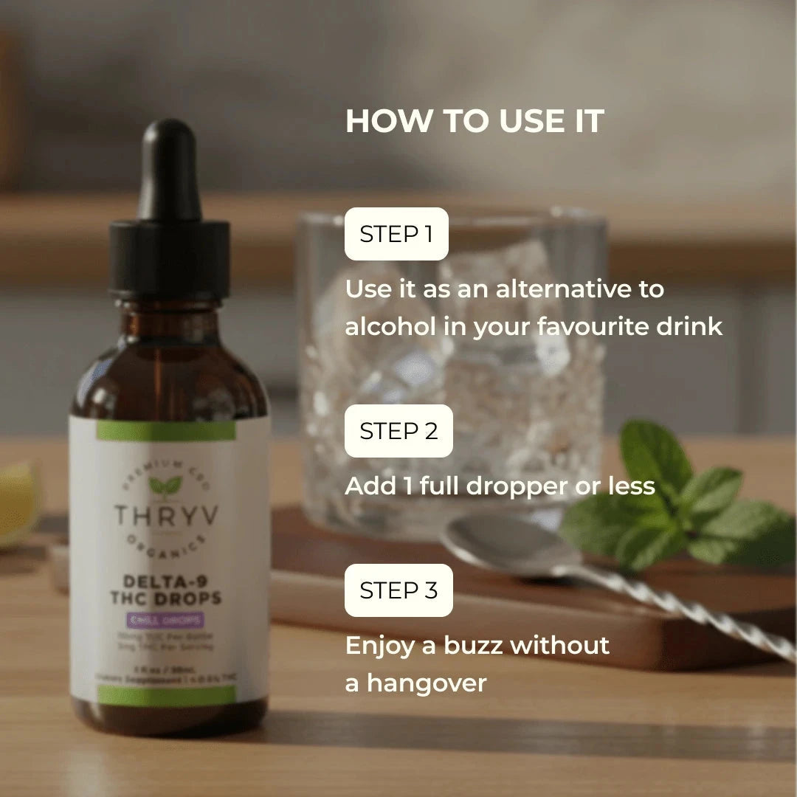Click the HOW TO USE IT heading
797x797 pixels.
coord(475,122)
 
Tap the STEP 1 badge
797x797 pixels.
coord(396,234)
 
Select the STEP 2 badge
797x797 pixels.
coord(398,431)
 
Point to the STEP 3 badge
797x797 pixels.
coord(398,590)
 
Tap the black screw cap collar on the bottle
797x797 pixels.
coord(170,258)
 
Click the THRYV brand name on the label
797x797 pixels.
coord(166,515)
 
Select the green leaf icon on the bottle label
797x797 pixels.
coord(165,485)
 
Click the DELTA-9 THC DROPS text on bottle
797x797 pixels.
coord(168,589)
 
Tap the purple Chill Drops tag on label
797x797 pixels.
coord(166,621)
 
